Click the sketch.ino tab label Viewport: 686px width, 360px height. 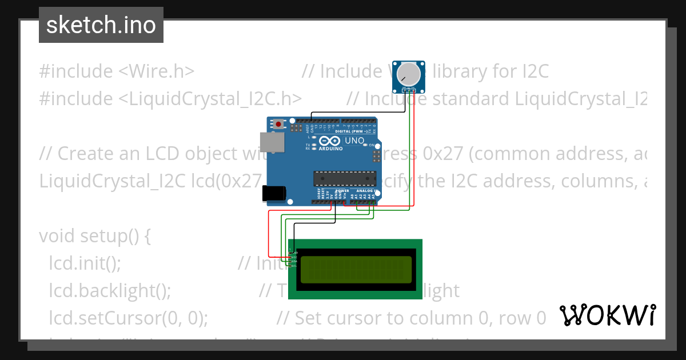coord(101,25)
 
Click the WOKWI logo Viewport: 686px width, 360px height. coord(607,315)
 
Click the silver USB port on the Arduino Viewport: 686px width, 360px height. coord(272,143)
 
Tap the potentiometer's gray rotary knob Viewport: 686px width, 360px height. coord(408,74)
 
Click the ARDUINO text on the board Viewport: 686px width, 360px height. coord(330,149)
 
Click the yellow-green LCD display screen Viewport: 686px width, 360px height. coord(356,269)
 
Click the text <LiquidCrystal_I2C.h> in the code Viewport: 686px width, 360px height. coord(210,99)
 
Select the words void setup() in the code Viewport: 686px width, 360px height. coord(94,235)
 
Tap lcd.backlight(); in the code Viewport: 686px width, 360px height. coord(110,290)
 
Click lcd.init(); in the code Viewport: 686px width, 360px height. coord(85,263)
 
